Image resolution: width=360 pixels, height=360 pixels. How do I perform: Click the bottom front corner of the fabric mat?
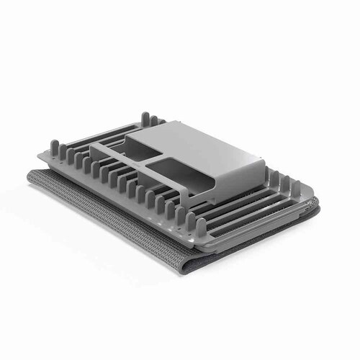(189, 268)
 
